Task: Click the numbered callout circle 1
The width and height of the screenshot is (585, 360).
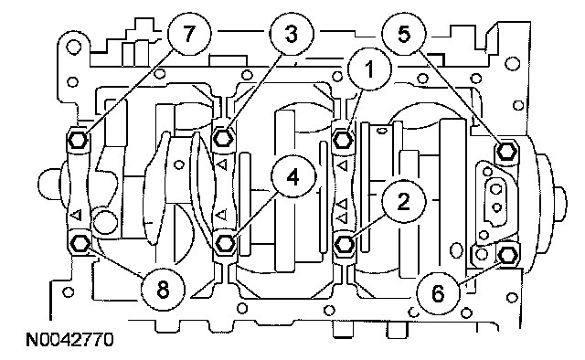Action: point(369,69)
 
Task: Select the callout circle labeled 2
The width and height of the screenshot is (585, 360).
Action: point(404,201)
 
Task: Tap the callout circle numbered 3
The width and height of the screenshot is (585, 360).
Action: point(292,35)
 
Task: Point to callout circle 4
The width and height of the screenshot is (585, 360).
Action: point(293,176)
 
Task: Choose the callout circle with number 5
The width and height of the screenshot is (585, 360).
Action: point(404,35)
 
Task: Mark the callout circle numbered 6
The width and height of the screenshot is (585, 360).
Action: point(438,293)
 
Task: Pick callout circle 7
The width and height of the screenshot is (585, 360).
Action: point(189,35)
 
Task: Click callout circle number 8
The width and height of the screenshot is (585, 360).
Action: point(163,289)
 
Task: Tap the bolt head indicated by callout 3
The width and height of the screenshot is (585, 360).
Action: point(223,139)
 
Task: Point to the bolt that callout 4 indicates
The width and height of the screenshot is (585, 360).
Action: point(225,243)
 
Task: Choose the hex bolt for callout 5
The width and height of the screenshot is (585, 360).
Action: point(506,151)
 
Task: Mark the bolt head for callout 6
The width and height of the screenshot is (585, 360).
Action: point(508,256)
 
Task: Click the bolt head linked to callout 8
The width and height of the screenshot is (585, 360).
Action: point(80,244)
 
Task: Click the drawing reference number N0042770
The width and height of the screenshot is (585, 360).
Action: point(69,340)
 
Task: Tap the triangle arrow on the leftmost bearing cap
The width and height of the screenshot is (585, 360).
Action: point(77,215)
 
